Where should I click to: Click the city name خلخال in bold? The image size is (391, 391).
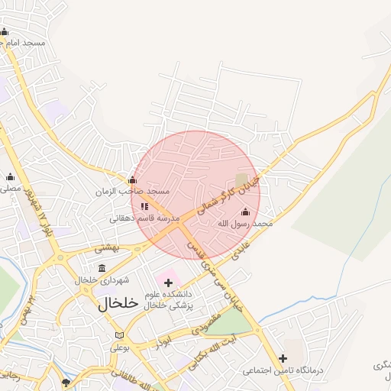pyautogui.click(x=118, y=302)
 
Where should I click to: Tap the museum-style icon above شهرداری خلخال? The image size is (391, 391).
pyautogui.click(x=102, y=268)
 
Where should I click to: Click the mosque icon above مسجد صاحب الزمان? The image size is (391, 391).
pyautogui.click(x=132, y=180)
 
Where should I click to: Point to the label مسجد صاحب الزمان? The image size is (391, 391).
pyautogui.click(x=132, y=192)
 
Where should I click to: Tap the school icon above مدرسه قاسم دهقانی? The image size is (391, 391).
pyautogui.click(x=144, y=206)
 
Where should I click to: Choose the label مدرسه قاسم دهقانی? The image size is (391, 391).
pyautogui.click(x=144, y=218)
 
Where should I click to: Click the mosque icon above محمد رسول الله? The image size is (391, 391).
pyautogui.click(x=244, y=212)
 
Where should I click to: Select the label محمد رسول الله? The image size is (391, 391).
pyautogui.click(x=245, y=224)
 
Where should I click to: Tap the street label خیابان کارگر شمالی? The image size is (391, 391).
pyautogui.click(x=228, y=192)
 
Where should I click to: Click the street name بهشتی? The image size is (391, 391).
pyautogui.click(x=108, y=247)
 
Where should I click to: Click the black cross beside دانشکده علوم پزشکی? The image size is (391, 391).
pyautogui.click(x=169, y=283)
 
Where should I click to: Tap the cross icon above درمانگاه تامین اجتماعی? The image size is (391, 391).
pyautogui.click(x=283, y=358)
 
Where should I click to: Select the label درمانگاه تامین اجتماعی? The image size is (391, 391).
pyautogui.click(x=283, y=370)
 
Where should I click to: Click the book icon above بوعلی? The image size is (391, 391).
pyautogui.click(x=118, y=335)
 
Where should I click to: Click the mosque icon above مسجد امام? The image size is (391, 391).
pyautogui.click(x=5, y=31)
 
